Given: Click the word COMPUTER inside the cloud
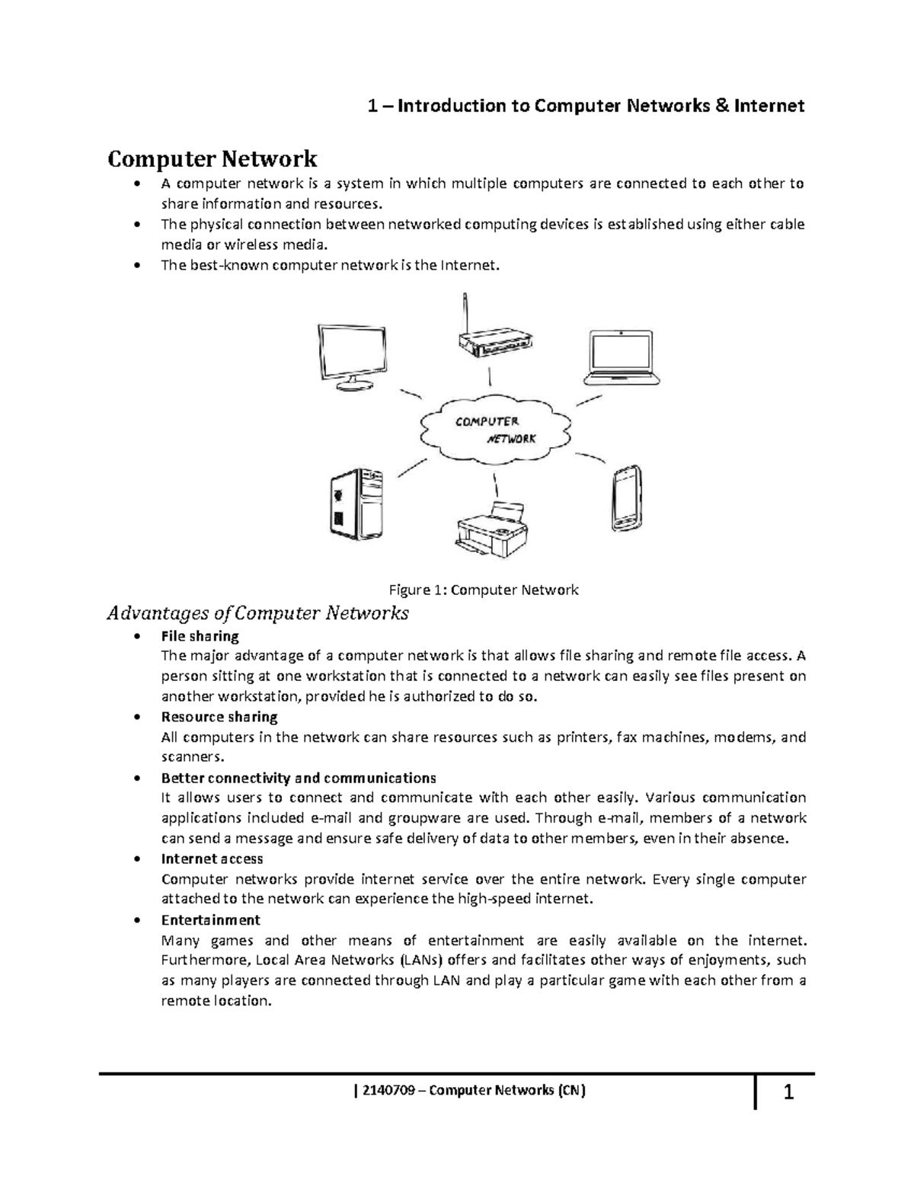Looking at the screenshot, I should [487, 421].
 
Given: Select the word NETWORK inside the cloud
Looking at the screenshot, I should [511, 440].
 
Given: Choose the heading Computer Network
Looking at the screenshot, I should [212, 159].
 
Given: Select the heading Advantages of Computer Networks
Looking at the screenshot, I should [258, 613].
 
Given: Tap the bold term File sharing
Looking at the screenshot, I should [200, 636].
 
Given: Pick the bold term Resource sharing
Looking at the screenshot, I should [219, 717].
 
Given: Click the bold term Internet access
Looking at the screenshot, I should [212, 858].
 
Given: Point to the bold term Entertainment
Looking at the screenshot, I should [210, 919].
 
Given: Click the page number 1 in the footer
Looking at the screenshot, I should [789, 1095].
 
